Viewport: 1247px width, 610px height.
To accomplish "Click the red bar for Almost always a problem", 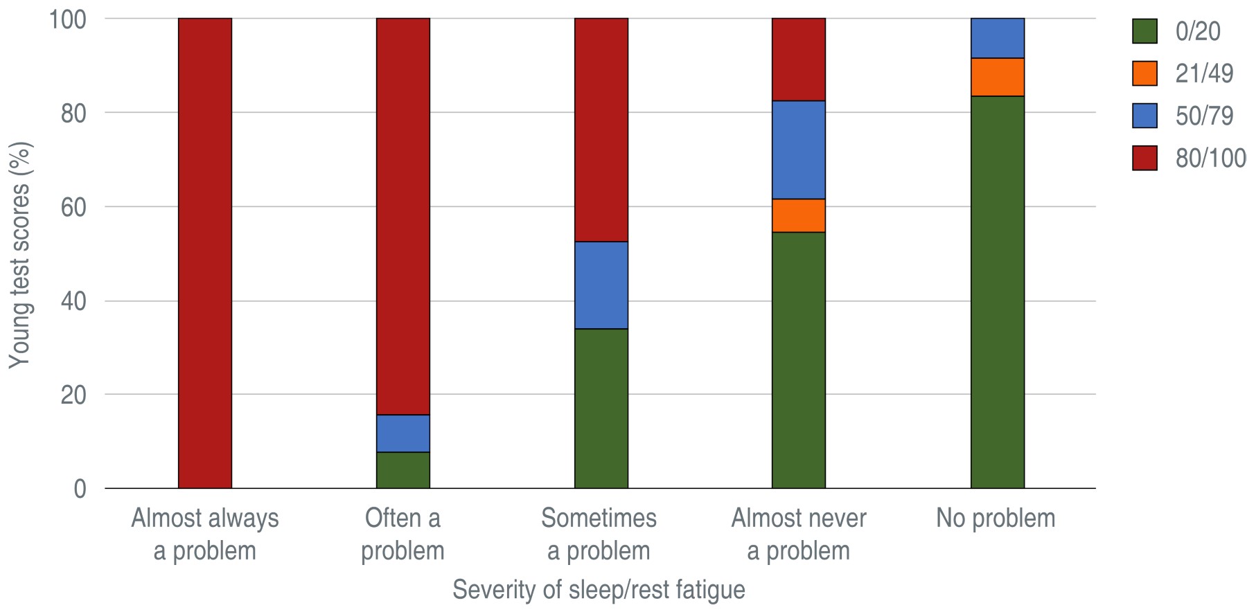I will (205, 253).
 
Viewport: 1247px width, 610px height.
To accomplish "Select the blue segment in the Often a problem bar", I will (403, 433).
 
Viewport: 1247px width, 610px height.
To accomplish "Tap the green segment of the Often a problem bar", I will (403, 470).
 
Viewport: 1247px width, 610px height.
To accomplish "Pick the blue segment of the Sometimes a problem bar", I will (601, 285).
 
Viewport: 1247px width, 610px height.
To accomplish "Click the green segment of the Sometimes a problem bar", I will (601, 409).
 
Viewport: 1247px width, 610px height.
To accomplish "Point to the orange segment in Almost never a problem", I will (799, 215).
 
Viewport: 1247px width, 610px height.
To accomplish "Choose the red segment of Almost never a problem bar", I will (799, 60).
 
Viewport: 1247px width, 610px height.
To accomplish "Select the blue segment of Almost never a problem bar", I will (799, 150).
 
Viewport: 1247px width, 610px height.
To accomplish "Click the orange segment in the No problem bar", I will (997, 77).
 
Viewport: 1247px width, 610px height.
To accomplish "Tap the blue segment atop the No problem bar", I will (997, 38).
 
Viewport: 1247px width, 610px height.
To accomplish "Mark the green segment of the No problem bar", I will (997, 292).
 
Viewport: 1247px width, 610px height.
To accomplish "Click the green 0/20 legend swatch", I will (1144, 31).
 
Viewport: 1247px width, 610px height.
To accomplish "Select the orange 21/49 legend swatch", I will (1144, 73).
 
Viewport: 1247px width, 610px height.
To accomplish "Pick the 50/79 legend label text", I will (1204, 116).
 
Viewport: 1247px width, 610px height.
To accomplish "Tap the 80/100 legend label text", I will (1210, 158).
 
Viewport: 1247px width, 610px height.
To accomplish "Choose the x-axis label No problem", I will (996, 518).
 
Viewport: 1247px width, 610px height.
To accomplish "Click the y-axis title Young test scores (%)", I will (20, 254).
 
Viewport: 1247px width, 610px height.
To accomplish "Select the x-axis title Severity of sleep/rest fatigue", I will (599, 590).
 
